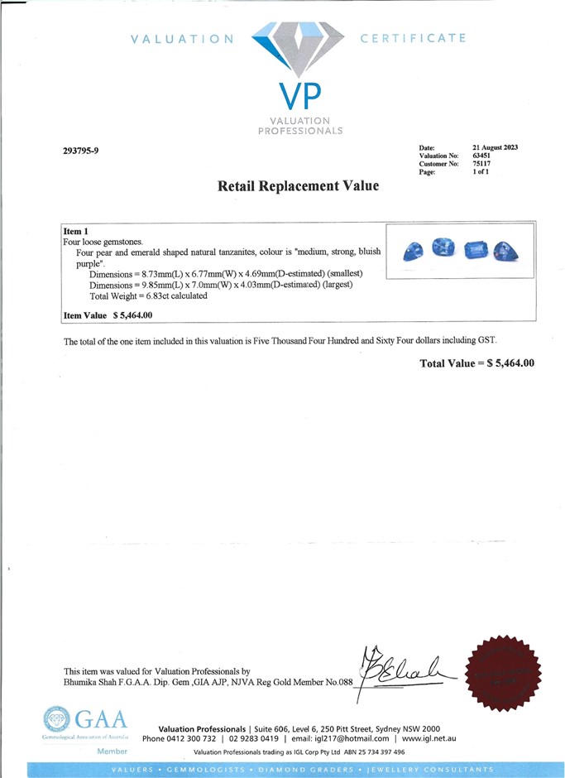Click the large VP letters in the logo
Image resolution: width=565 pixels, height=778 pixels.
pyautogui.click(x=299, y=98)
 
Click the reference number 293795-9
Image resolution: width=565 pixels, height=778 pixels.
pyautogui.click(x=80, y=151)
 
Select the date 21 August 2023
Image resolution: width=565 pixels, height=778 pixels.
pyautogui.click(x=495, y=147)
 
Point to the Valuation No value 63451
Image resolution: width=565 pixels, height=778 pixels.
pyautogui.click(x=482, y=156)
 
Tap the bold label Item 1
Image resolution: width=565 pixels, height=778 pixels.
pyautogui.click(x=75, y=230)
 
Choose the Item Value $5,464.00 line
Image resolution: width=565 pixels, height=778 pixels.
pyautogui.click(x=108, y=315)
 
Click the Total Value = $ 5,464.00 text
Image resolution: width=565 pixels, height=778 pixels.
pyautogui.click(x=477, y=363)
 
